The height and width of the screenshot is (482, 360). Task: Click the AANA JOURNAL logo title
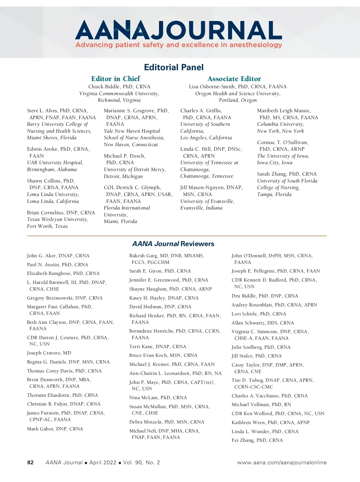178,30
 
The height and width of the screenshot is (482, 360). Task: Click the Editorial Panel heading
174,67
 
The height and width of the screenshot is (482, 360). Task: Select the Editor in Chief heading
115,79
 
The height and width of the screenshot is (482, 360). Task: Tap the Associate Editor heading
234,79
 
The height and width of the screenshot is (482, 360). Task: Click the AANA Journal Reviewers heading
173,244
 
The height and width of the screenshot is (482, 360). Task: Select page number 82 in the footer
30,462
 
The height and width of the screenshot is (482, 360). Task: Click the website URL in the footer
282,462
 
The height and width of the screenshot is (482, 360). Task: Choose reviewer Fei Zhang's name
243,440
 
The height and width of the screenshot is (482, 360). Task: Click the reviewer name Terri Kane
141,346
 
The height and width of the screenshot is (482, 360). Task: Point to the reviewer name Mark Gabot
41,429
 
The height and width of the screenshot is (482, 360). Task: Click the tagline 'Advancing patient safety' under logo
178,45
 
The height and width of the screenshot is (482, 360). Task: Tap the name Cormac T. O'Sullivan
282,142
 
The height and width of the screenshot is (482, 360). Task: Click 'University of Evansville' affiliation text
207,201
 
